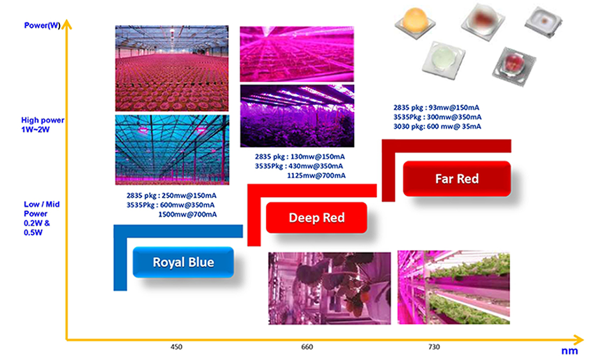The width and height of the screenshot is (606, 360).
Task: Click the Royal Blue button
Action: [183, 262]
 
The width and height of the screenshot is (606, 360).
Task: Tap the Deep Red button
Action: [316, 218]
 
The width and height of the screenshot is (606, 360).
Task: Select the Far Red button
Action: [457, 179]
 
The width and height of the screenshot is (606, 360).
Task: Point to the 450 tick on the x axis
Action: [176, 347]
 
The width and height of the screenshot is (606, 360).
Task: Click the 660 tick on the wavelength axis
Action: [307, 347]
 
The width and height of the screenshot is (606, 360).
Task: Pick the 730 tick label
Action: [434, 347]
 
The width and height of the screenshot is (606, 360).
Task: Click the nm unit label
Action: [570, 351]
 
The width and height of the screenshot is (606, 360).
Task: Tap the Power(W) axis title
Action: [42, 25]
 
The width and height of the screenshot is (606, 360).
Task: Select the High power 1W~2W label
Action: [43, 125]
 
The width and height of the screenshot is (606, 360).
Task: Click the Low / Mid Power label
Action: [42, 218]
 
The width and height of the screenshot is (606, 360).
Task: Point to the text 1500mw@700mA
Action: [188, 214]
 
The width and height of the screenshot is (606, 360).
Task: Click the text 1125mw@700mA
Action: [316, 176]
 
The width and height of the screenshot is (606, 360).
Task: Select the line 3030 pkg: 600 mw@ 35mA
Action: [437, 126]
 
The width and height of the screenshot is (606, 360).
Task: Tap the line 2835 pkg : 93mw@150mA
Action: [436, 107]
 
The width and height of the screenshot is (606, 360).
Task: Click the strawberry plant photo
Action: [329, 288]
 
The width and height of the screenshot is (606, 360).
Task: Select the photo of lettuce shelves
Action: [454, 287]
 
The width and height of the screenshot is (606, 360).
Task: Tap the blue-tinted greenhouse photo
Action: [172, 150]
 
